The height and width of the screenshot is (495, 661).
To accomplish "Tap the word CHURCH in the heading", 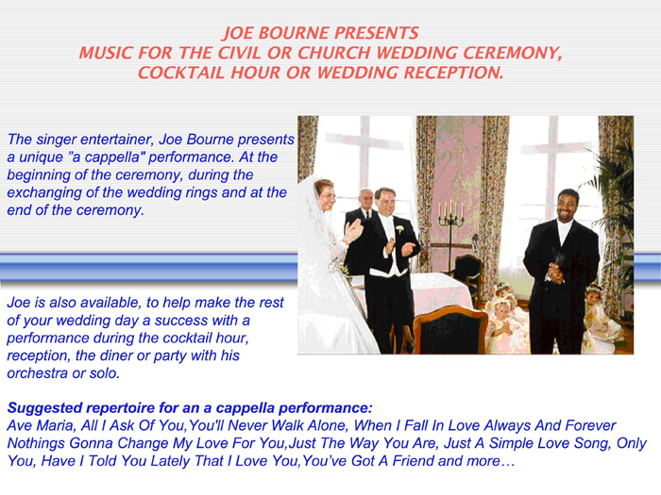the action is pyautogui.click(x=334, y=53).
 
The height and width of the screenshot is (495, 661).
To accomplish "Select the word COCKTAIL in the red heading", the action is pyautogui.click(x=181, y=73).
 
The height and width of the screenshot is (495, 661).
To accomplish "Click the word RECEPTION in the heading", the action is pyautogui.click(x=453, y=73).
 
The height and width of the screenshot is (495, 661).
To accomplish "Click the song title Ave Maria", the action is pyautogui.click(x=41, y=425).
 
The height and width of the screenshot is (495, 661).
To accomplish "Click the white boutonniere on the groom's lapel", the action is pyautogui.click(x=399, y=229).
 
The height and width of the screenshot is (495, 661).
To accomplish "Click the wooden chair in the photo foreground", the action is pyautogui.click(x=449, y=330).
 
